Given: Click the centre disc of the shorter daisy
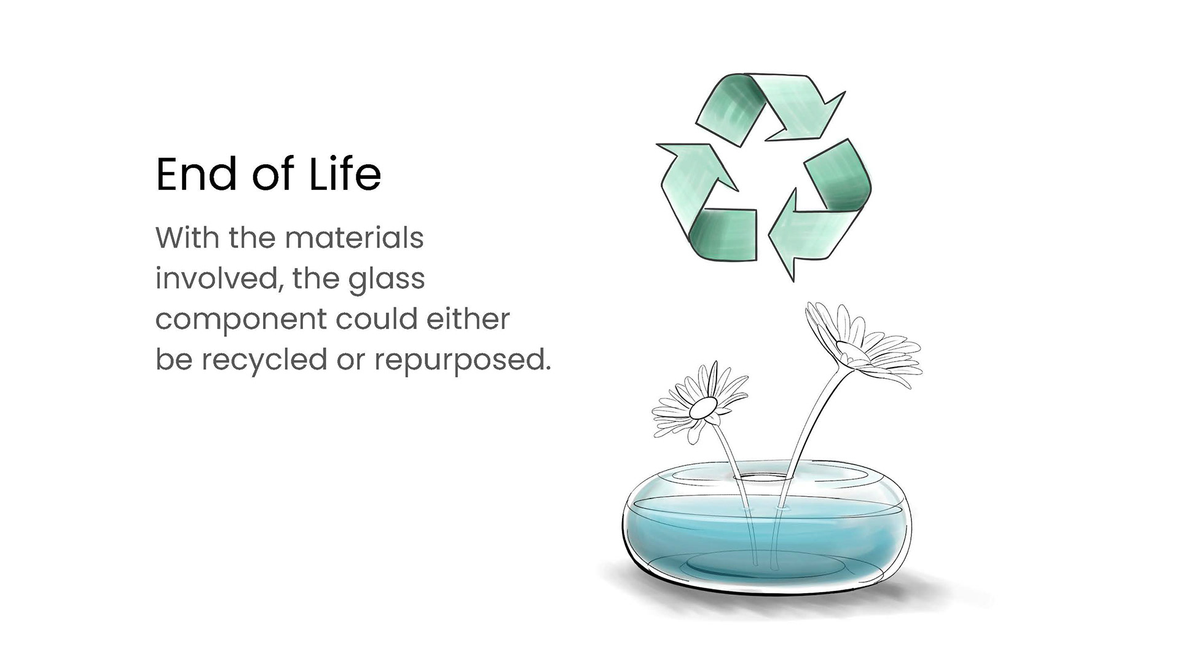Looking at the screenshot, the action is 703,406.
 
